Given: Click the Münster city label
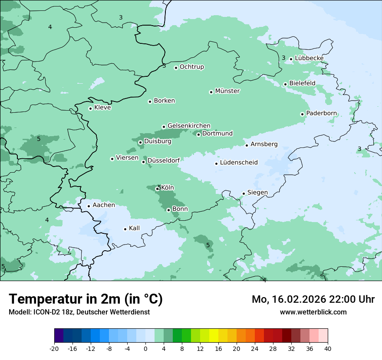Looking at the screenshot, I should pos(227,91).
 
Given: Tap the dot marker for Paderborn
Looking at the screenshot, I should pos(302,114).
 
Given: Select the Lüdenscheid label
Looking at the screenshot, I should pos(239,163).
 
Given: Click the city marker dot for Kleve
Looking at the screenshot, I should pos(90,108).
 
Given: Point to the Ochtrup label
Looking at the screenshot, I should pos(192,67).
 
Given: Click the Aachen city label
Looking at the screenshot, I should pos(104,205).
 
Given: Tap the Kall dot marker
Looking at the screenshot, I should pos(125,229).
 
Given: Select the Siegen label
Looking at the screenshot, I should pos(257,193).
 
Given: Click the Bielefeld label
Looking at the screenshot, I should pos(302,83).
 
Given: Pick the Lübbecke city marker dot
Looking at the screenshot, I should pos(291,59).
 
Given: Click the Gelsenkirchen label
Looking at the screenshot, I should pos(189,126).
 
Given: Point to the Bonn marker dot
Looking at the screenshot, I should pos(168,210).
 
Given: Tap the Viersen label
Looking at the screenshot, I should pos(127,158).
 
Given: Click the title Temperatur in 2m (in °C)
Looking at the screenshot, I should pos(86,299).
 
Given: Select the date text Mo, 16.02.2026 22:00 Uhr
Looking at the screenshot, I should pos(313,299).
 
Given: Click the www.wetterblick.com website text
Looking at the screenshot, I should pos(313,312).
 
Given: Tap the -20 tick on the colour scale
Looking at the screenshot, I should pos(54,349).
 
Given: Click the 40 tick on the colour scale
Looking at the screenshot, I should pos(327,349).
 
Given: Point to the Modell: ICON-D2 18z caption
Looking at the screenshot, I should pos(79,312).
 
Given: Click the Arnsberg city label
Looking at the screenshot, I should pos(264,144).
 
